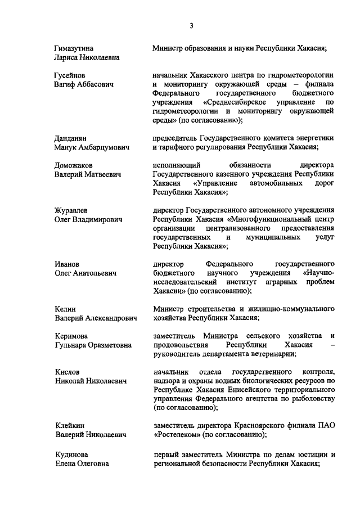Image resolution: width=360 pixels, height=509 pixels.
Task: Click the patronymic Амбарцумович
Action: (105, 147)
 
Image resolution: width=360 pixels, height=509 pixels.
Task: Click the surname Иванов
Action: (67, 264)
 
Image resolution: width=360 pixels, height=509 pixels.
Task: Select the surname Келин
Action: (65, 309)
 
